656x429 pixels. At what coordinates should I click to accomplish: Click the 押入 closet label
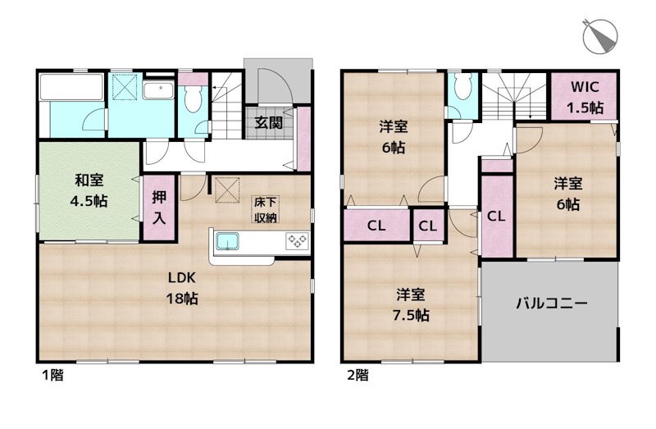point(159,209)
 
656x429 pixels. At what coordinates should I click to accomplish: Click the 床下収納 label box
point(263,208)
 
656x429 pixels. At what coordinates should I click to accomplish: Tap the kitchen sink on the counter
point(227,242)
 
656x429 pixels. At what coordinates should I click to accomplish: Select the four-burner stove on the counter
point(296,241)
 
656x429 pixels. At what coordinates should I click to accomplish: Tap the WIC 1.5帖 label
point(585,97)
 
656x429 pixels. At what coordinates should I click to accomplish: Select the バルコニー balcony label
point(550,303)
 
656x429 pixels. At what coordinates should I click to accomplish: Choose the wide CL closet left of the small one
point(377,226)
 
